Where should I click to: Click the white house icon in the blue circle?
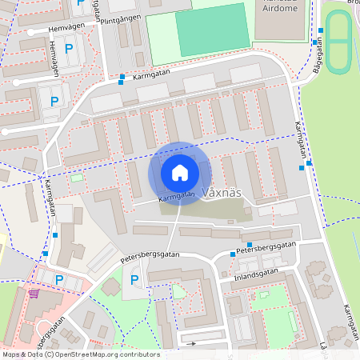pos(180,172)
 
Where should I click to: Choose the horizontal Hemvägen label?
pos(66,28)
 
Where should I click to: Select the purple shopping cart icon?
pos(34,293)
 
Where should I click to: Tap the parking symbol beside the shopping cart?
pos(59,279)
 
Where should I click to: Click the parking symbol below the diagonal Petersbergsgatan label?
pos(134,280)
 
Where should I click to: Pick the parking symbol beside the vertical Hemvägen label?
pos(69,49)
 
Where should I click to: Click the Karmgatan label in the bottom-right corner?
pos(349,321)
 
